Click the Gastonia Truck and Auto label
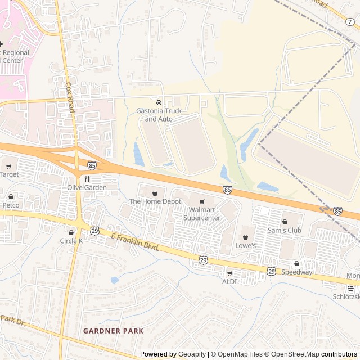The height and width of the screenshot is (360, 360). click(159, 115)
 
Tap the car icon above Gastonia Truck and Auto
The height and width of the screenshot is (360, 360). click(159, 103)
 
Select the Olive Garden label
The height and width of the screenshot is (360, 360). click(87, 187)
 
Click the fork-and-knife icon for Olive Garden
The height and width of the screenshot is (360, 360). click(87, 179)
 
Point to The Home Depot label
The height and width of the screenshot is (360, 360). click(155, 201)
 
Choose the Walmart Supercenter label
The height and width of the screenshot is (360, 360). click(202, 214)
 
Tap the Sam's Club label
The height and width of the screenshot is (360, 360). click(285, 230)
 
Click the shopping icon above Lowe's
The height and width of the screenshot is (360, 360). click(245, 236)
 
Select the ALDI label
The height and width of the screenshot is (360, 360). click(229, 281)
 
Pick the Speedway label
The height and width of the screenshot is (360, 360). click(296, 272)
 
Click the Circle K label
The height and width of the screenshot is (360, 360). click(71, 241)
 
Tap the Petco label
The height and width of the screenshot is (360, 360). click(11, 205)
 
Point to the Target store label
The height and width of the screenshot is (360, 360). click(9, 174)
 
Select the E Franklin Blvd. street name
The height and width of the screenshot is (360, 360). click(136, 242)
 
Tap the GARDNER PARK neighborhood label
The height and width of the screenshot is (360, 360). click(113, 331)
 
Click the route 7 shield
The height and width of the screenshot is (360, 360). click(350, 21)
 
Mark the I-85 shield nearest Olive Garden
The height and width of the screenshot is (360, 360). click(92, 165)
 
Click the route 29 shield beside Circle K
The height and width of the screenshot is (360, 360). click(95, 231)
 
